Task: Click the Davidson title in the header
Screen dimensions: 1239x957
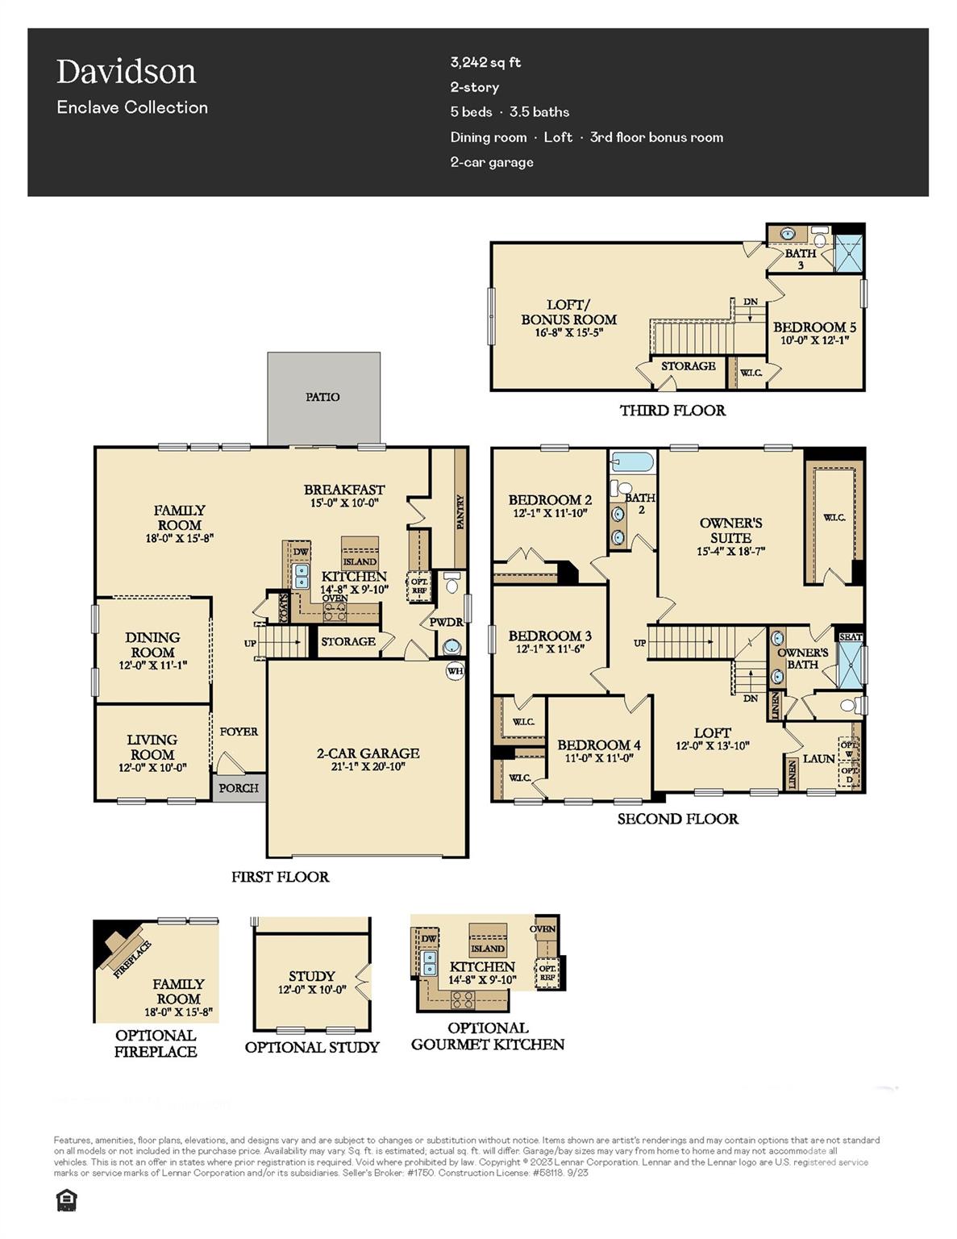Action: coord(127,72)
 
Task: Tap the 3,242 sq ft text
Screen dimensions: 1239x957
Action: coord(485,62)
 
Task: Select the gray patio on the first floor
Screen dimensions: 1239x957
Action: coord(323,398)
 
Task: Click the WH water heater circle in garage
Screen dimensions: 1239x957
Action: coord(455,670)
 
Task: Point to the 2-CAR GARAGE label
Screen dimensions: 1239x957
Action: coord(368,753)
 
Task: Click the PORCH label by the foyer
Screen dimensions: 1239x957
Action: coord(239,788)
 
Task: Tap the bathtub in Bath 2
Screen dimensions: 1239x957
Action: coord(632,463)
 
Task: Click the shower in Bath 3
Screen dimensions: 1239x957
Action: coord(847,250)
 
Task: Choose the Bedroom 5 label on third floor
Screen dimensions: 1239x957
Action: coord(814,327)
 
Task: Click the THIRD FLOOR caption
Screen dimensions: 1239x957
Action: coord(672,411)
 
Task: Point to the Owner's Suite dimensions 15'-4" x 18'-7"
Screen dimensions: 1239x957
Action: coord(730,552)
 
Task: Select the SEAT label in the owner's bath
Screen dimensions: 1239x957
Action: coord(851,636)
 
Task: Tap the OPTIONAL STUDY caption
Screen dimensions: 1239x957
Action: coord(312,1047)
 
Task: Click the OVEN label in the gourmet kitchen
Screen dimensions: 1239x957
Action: coord(543,928)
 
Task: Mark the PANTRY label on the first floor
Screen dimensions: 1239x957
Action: coord(460,512)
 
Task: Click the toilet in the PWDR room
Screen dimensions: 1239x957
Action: coord(451,583)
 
